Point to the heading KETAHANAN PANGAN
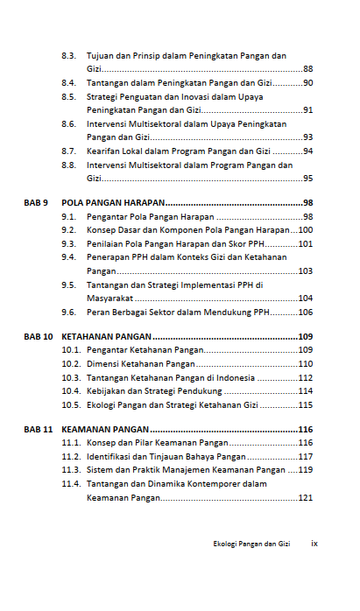coord(107,336)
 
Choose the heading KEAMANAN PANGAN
coord(106,430)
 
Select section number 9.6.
coord(68,312)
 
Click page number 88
coord(307,68)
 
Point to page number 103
coord(306,271)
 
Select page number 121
coord(306,497)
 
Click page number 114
coord(306,391)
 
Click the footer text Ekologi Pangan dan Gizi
coord(251,544)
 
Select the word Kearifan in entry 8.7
coord(103,151)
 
